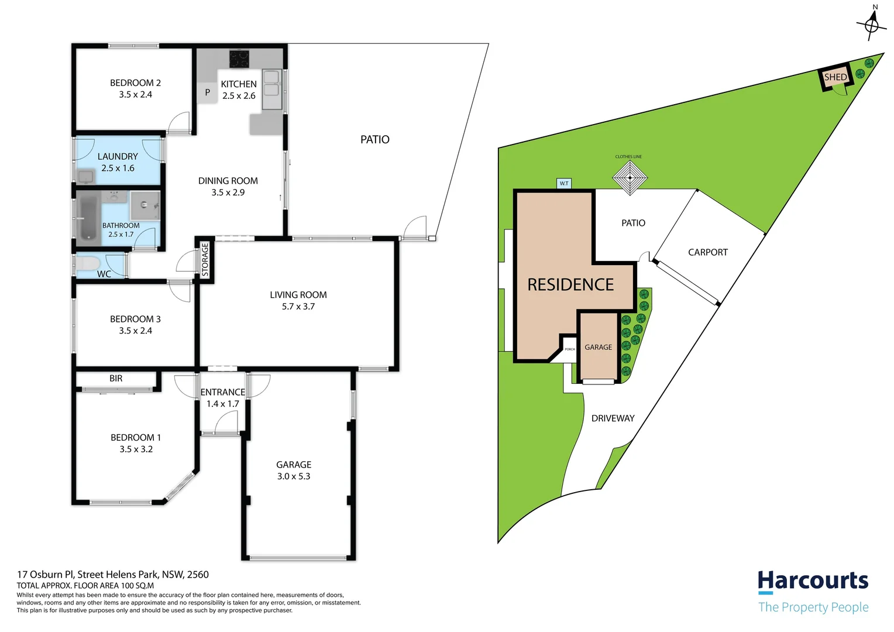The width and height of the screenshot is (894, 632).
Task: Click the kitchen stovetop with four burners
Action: pos(239,59)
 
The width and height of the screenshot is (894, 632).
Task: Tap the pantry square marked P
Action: pos(207,92)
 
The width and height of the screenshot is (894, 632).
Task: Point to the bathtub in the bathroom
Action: pos(88,218)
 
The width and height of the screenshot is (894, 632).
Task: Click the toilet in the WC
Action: pos(87,263)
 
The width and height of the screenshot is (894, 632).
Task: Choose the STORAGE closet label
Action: pos(205,259)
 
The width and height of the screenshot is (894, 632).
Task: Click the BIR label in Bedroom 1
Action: pos(116,378)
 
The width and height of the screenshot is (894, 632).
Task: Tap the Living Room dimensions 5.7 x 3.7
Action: pos(298,306)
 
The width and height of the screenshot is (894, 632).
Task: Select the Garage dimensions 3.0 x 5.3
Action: pos(293,476)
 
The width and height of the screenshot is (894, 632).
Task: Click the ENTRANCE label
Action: pos(223,392)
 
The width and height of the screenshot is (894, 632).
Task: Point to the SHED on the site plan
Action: pos(835,77)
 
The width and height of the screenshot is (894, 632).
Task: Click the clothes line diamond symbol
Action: pos(630,178)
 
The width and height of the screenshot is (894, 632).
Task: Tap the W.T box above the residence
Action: pos(564,183)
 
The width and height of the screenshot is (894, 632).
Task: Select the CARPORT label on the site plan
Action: pos(707,252)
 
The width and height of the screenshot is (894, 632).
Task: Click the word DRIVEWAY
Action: pos(613,418)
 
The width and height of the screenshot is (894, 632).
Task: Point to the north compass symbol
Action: pos(872,24)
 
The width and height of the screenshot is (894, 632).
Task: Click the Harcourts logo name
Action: pos(813,581)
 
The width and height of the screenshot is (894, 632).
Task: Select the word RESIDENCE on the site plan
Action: pos(570,284)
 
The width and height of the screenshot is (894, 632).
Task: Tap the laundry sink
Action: pos(86,177)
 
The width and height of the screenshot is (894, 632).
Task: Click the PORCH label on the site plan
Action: pos(569,349)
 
